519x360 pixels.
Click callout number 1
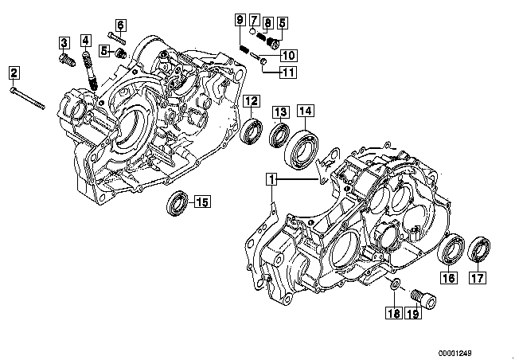(x=272, y=179)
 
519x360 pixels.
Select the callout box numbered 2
(x=14, y=74)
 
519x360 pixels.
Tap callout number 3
(x=63, y=41)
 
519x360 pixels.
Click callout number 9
(x=239, y=19)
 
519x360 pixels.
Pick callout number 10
(x=287, y=55)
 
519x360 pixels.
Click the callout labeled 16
(x=448, y=278)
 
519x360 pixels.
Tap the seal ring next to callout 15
(x=176, y=203)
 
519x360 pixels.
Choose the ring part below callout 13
(x=278, y=135)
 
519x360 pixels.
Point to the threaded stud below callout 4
(x=90, y=70)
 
